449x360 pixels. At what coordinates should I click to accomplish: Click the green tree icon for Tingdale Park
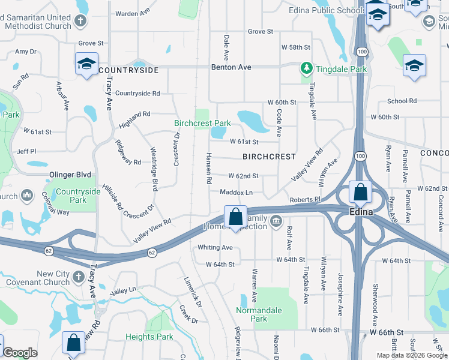[x=307, y=68]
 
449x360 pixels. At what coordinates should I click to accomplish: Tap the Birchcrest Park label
[x=202, y=123]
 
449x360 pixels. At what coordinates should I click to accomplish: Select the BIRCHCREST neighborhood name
[x=269, y=157]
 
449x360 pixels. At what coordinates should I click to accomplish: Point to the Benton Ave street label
[x=231, y=67]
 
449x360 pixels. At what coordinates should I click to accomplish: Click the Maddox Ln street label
[x=236, y=193]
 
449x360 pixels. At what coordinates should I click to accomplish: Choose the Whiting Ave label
[x=215, y=247]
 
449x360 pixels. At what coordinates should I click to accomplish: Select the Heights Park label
[x=149, y=337]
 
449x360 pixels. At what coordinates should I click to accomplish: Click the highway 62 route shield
[x=152, y=253]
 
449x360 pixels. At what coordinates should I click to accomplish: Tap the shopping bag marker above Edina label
[x=360, y=193]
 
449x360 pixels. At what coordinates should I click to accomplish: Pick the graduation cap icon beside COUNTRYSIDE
[x=86, y=64]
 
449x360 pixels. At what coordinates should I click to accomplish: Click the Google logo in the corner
[x=20, y=353]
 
